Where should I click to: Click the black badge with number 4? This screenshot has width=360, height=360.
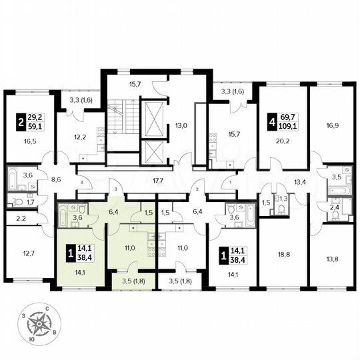click(x=271, y=123)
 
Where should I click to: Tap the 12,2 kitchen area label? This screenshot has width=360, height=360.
click(x=79, y=137)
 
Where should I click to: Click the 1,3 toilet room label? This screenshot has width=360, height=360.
click(x=282, y=198)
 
